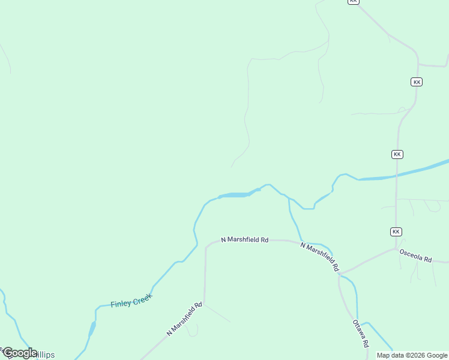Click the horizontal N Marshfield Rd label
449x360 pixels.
pyautogui.click(x=244, y=239)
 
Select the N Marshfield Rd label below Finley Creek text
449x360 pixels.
pyautogui.click(x=184, y=319)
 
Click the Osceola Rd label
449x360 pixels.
pyautogui.click(x=415, y=255)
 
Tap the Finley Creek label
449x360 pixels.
pyautogui.click(x=131, y=300)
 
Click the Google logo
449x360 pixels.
pyautogui.click(x=19, y=353)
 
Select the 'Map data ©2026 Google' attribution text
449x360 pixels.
pyautogui.click(x=412, y=355)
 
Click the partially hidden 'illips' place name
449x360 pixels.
pyautogui.click(x=46, y=355)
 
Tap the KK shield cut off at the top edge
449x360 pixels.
pyautogui.click(x=353, y=2)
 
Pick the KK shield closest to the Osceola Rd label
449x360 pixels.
pyautogui.click(x=396, y=232)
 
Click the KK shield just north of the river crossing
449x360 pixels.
pyautogui.click(x=397, y=154)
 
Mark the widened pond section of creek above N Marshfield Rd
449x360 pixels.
pyautogui.click(x=235, y=194)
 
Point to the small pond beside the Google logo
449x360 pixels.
pyautogui.click(x=92, y=328)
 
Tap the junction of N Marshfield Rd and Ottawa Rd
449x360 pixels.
pyautogui.click(x=339, y=275)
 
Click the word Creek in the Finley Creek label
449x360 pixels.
pyautogui.click(x=142, y=298)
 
